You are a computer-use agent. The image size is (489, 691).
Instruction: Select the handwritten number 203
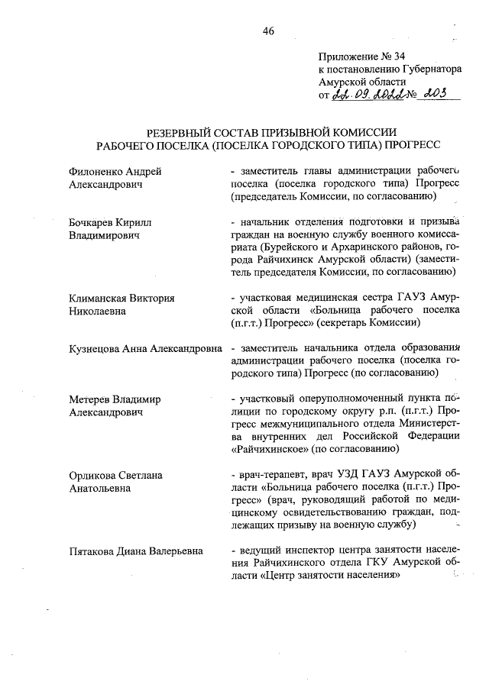(x=438, y=94)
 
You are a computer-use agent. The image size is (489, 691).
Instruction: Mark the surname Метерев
(x=89, y=398)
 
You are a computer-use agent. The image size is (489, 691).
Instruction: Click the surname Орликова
(x=91, y=474)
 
